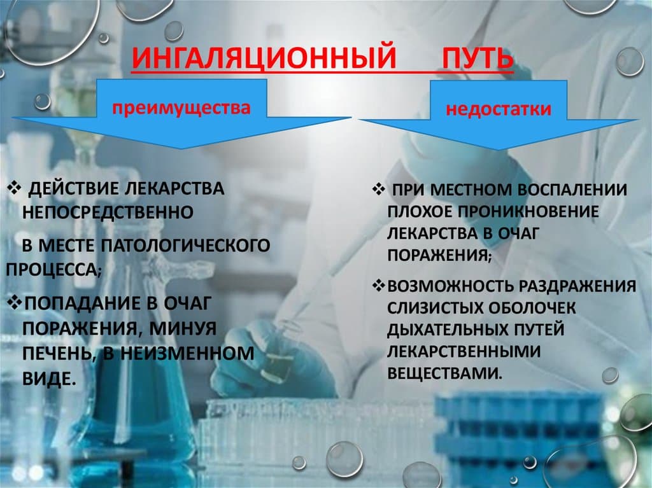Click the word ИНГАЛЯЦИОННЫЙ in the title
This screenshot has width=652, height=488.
coord(264,57)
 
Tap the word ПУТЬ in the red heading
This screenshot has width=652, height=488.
coord(478,57)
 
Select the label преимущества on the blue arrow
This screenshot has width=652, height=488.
coord(181,108)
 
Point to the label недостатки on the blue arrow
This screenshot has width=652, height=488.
coord(499,109)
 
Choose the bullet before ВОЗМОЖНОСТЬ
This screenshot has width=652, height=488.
coord(379,286)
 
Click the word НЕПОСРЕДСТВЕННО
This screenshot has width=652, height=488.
coord(108,213)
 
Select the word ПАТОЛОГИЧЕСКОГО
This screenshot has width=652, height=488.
coord(186,245)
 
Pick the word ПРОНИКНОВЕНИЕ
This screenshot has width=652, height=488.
coord(528,212)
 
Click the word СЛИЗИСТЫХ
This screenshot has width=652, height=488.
coord(435,308)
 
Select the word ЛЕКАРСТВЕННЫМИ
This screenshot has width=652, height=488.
coord(464,351)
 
